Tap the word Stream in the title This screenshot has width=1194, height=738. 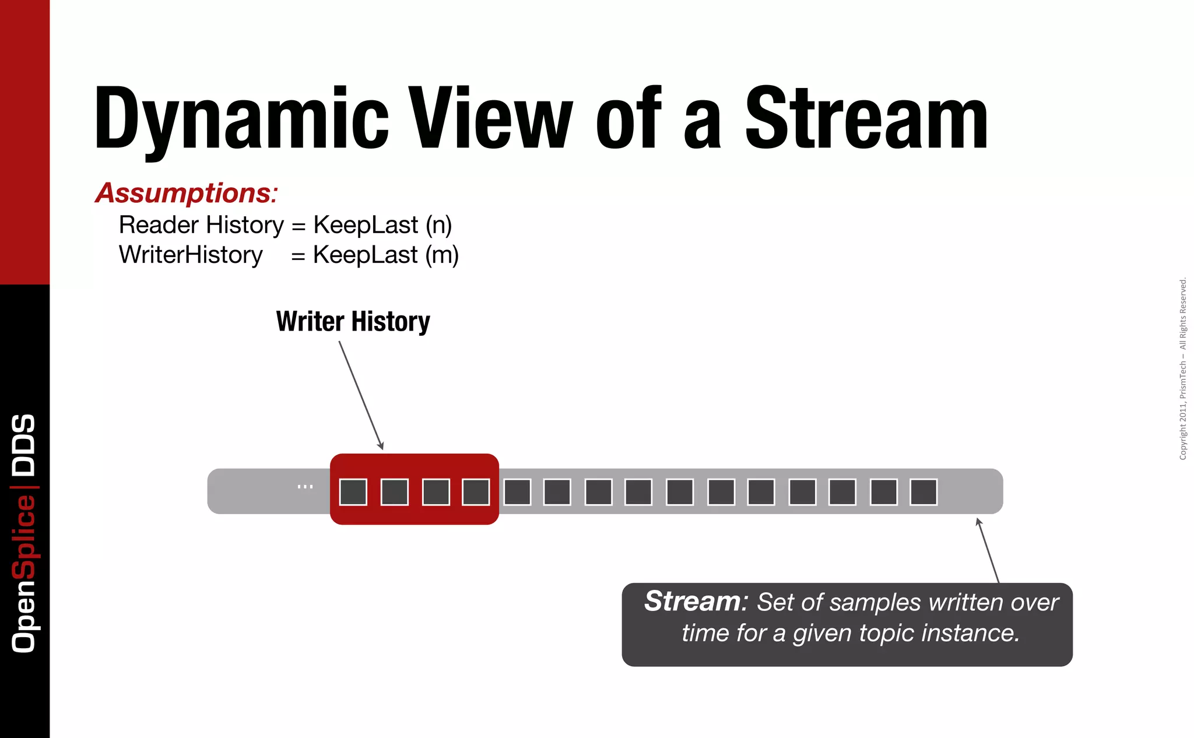[866, 118]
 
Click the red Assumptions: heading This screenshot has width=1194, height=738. [187, 193]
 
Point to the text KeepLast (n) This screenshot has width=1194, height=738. [382, 225]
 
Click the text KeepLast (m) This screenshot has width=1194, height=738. [385, 255]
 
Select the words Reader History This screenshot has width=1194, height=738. [201, 225]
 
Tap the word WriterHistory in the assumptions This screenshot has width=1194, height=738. [191, 255]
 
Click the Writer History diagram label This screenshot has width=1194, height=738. [353, 321]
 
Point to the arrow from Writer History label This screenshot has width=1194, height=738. [361, 395]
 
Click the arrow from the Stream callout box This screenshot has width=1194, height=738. [988, 550]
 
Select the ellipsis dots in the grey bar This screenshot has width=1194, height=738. [305, 486]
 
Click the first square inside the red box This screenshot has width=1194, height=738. [353, 492]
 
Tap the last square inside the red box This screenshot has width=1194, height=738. [476, 492]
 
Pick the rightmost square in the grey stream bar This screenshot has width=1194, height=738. [923, 492]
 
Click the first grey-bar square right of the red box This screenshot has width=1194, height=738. [517, 492]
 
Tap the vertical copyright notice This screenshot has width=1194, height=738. [1183, 368]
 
